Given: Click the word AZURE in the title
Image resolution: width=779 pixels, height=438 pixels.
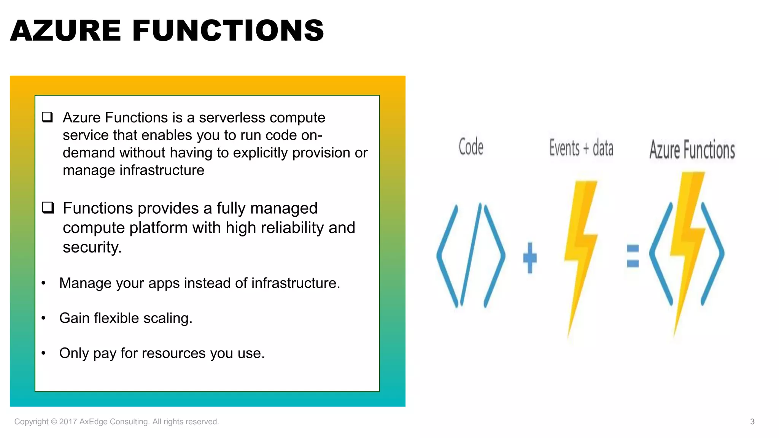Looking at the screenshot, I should [x=65, y=30].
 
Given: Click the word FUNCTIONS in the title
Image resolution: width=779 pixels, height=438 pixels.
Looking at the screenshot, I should [x=228, y=30].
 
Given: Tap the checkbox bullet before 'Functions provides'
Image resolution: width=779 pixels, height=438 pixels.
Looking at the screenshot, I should [x=48, y=208].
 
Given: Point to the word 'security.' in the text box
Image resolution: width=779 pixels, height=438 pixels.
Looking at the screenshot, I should [x=92, y=248].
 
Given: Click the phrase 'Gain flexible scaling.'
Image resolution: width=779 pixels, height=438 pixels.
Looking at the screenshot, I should [x=126, y=318].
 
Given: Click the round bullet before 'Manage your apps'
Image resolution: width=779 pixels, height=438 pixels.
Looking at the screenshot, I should [x=43, y=283].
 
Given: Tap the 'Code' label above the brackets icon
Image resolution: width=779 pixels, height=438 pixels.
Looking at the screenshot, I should [x=471, y=147].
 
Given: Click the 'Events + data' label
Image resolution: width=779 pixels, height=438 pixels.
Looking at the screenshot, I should [x=581, y=148].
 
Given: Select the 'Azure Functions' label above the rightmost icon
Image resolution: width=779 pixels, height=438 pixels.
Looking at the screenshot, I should [x=692, y=149].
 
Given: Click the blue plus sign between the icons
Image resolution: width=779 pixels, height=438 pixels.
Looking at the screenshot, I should [x=530, y=258].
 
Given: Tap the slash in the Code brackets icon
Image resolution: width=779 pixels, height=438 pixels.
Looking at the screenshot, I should [x=471, y=255].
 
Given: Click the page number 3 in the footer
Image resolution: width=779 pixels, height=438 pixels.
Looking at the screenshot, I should [x=752, y=422].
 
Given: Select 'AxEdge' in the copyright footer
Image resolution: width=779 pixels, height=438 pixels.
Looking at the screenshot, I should [x=93, y=422].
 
